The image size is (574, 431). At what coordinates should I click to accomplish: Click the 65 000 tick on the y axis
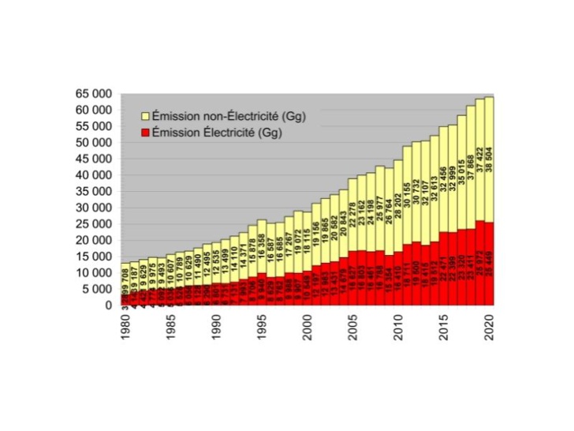click(x=94, y=94)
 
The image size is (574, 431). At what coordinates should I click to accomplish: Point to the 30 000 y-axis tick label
click(x=94, y=208)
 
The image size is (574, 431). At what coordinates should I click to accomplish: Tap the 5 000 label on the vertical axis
click(x=97, y=289)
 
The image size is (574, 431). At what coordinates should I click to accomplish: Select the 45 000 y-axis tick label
click(x=94, y=159)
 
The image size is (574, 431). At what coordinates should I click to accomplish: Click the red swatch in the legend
click(x=144, y=132)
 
